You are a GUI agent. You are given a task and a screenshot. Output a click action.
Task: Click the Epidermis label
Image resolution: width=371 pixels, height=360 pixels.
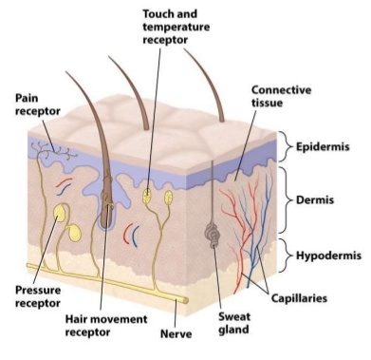323,147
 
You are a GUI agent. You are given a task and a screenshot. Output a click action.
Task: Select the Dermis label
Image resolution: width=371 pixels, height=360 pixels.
315,200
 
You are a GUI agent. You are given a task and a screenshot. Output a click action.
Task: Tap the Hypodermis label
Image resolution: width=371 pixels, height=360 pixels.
328,256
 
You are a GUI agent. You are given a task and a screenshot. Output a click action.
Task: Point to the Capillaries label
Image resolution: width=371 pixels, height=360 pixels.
299,298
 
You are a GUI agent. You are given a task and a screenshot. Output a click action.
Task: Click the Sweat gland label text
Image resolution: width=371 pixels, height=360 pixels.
234,323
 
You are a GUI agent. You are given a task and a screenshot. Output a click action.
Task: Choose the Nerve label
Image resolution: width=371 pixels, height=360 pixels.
176,333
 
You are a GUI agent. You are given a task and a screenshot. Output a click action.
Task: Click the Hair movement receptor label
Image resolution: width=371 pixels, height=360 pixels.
106,326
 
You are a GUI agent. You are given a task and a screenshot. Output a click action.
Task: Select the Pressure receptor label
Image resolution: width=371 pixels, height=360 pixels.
38,296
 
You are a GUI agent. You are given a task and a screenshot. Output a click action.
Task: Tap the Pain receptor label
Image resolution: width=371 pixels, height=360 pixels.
37,104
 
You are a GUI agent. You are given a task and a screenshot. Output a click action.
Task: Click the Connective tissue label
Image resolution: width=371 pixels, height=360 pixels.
281,96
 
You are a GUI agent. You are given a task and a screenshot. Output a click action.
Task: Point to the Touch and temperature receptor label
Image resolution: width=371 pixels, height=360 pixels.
176,27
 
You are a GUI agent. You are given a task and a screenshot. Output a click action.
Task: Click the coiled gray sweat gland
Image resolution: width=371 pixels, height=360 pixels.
213,235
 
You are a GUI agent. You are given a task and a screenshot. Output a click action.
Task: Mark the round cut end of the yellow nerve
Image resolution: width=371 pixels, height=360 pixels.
185,300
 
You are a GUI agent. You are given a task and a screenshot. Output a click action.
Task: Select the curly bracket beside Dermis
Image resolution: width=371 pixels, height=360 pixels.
287,200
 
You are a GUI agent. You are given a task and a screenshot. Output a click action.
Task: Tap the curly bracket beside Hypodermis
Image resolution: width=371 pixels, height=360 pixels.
287,256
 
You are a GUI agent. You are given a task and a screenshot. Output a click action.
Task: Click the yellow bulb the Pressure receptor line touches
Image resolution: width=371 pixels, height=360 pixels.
60,213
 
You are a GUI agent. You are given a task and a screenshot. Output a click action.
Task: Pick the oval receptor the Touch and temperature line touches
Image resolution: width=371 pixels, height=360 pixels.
146,196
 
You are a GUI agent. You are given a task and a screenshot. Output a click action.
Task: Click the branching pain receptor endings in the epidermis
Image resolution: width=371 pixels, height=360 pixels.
54,149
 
